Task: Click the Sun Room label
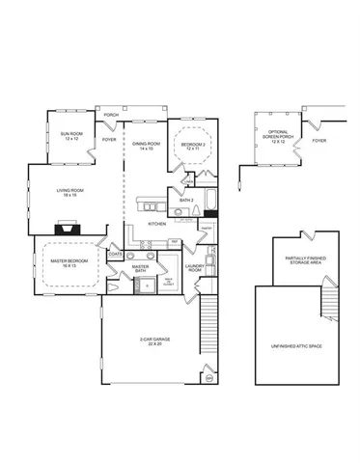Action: click(70, 135)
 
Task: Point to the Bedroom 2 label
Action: click(192, 147)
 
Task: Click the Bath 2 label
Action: click(186, 200)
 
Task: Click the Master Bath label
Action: click(140, 269)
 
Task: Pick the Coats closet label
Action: click(115, 254)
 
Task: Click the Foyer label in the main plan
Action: click(109, 139)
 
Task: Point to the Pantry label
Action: click(206, 228)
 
